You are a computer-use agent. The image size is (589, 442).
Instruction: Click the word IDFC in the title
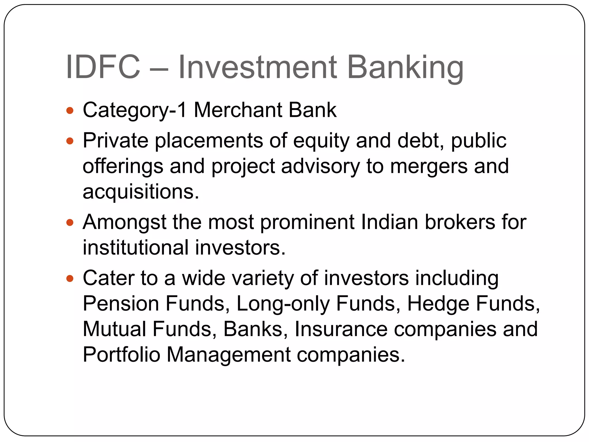click(103, 67)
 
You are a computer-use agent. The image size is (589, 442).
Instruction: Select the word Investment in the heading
click(257, 67)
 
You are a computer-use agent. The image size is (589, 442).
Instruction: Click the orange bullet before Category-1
click(70, 110)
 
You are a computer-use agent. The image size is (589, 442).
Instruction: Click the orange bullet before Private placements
click(70, 141)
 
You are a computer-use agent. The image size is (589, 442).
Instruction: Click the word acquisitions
click(140, 192)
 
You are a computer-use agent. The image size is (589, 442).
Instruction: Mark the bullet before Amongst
click(70, 223)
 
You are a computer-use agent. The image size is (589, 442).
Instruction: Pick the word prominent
click(307, 223)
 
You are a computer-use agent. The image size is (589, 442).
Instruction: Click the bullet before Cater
click(70, 279)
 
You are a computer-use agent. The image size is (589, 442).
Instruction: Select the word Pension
click(121, 304)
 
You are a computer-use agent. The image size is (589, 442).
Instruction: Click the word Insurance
click(341, 329)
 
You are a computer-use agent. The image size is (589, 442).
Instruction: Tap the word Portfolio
click(121, 355)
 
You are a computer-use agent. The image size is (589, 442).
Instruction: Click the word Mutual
click(114, 329)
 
